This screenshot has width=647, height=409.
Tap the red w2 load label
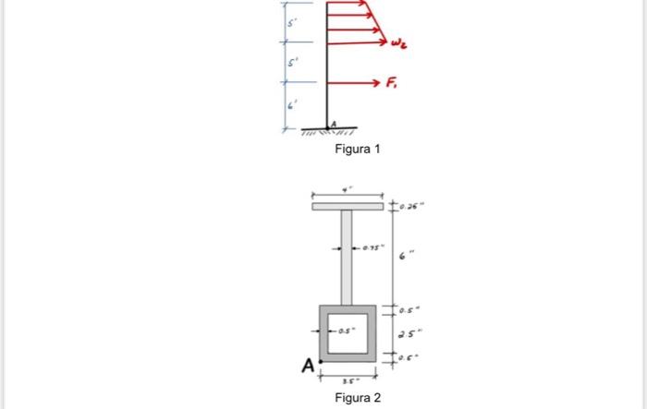398,42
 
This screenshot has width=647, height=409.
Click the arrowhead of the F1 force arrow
377,82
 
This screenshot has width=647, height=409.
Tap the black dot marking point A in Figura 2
320,360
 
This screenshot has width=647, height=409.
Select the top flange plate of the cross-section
348,206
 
